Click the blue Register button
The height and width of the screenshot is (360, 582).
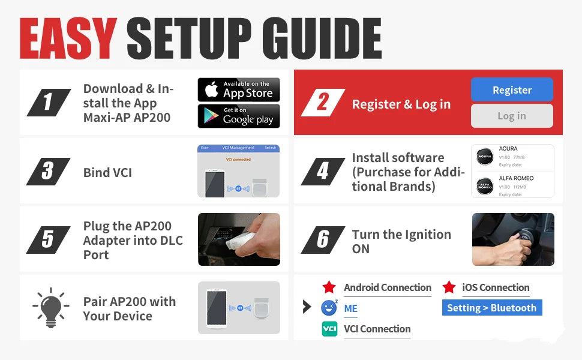pos(512,90)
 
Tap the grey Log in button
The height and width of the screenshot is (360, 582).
pos(512,116)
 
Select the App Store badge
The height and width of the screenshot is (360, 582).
pos(239,90)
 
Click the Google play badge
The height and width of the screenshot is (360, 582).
pos(239,116)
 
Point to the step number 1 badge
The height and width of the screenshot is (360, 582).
pos(49,103)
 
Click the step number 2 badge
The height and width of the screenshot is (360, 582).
pos(323,103)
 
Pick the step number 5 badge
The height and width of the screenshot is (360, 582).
pos(49,239)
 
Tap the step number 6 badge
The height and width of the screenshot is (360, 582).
pos(323,239)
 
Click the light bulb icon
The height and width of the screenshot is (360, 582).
pos(50,308)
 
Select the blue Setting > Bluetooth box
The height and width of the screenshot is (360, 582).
pos(492,308)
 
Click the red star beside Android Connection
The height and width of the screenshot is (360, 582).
pos(329,287)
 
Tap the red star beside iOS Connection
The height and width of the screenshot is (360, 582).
pos(449,287)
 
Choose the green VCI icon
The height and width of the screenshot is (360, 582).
pos(329,329)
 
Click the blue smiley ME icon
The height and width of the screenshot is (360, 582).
pos(329,308)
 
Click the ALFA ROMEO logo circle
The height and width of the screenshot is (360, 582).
pos(484,185)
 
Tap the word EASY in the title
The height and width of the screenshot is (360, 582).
pos(68,39)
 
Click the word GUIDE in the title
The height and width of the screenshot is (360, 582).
pos(312,39)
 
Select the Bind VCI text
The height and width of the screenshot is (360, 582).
pos(107,173)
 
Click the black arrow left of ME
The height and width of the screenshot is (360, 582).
pos(307,307)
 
